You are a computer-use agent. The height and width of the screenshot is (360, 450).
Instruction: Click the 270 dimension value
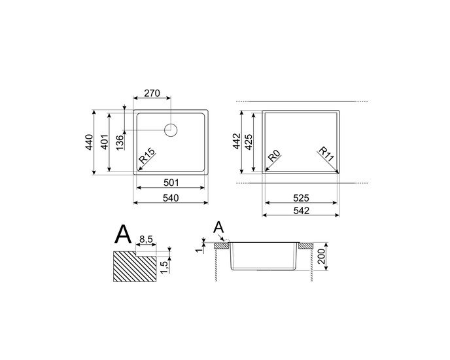pyautogui.click(x=152, y=94)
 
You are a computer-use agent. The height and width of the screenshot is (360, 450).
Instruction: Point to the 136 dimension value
pyautogui.click(x=120, y=142)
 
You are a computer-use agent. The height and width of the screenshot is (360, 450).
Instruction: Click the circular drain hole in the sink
pyautogui.click(x=171, y=130)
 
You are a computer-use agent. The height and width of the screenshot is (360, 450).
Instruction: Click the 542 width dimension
pyautogui.click(x=301, y=210)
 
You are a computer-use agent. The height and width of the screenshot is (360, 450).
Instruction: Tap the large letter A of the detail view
pyautogui.click(x=123, y=234)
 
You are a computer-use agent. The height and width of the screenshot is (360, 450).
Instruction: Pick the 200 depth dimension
pyautogui.click(x=321, y=256)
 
